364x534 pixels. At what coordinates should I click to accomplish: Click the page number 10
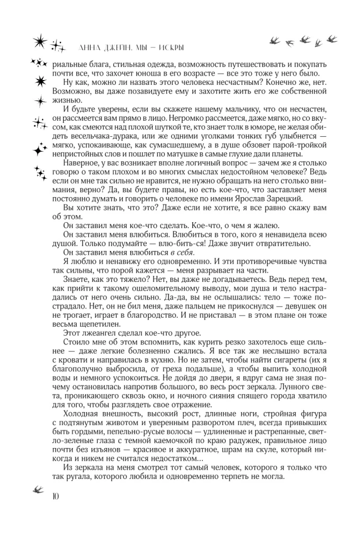[x=56, y=496]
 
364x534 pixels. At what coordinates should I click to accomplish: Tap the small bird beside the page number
[x=38, y=488]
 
